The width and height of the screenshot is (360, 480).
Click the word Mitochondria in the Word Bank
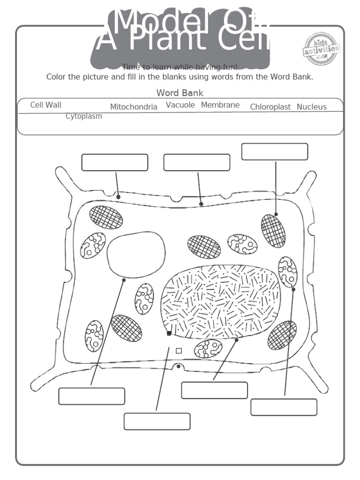(134, 107)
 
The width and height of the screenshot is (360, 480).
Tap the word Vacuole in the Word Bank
(180, 105)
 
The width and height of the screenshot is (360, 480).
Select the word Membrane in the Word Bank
(220, 105)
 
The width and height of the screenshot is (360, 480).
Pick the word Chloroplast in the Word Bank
(270, 107)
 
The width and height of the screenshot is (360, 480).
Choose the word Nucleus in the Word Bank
(312, 107)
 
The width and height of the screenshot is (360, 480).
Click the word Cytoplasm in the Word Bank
(84, 116)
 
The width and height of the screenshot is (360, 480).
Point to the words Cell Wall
(46, 105)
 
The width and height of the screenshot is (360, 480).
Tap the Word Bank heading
(180, 93)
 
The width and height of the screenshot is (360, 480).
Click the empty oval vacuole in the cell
(136, 255)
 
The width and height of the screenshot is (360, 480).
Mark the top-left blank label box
(115, 162)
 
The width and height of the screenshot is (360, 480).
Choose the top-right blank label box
(275, 152)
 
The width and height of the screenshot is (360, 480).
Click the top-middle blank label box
(197, 162)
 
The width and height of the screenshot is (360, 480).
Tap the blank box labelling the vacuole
(92, 396)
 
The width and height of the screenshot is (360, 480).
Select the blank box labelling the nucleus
(214, 390)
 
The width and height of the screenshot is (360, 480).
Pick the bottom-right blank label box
(284, 407)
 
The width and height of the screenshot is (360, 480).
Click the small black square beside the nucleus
(169, 333)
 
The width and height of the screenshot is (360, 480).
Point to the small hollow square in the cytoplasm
(179, 351)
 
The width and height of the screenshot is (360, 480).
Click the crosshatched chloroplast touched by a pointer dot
(273, 231)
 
